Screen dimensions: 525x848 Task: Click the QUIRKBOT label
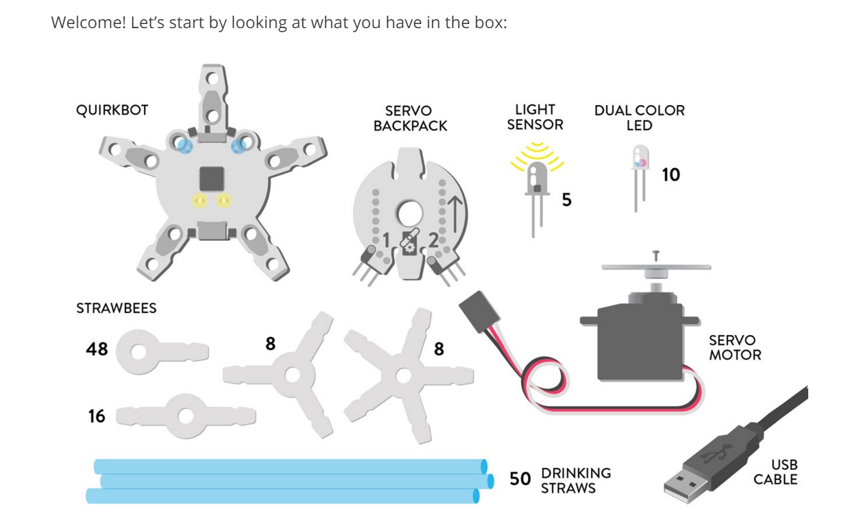(112, 110)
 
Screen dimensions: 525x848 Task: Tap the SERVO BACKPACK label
(410, 118)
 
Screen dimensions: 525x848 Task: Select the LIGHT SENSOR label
(535, 117)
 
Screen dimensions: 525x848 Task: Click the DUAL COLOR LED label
(639, 118)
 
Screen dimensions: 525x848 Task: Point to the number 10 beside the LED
(670, 175)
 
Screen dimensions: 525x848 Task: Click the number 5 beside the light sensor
(566, 200)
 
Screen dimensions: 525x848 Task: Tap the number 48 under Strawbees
(97, 349)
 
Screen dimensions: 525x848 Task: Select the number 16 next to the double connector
(97, 416)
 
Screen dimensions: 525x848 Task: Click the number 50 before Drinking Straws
(520, 478)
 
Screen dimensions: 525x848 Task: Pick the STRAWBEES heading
(116, 308)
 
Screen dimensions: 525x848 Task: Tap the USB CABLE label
(775, 472)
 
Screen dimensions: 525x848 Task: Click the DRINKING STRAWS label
(576, 480)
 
